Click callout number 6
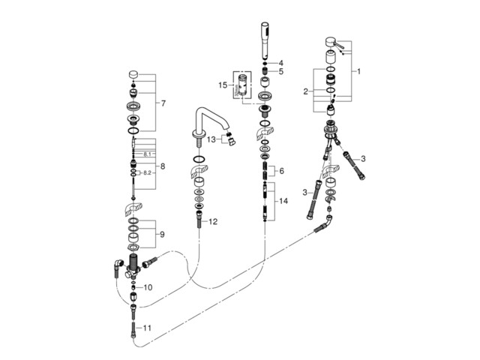[281, 171]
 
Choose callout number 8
[163, 166]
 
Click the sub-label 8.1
[148, 154]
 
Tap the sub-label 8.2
[148, 173]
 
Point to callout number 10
[148, 287]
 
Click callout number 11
[148, 328]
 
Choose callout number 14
[282, 201]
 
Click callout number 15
[221, 85]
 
